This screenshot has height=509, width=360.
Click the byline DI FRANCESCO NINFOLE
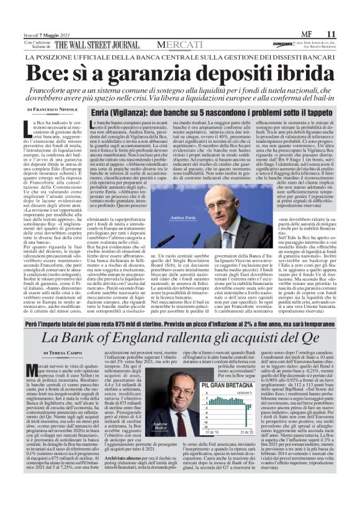click(56, 109)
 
